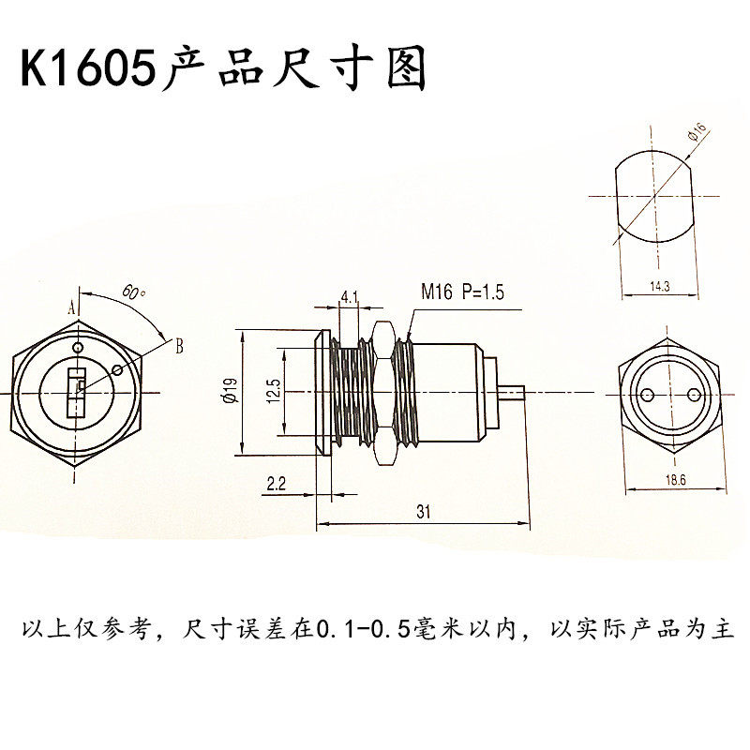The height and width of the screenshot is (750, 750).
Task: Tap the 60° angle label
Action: (x=134, y=292)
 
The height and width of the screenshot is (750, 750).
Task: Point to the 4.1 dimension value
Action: (x=350, y=298)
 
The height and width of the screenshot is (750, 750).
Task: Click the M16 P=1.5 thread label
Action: (x=462, y=292)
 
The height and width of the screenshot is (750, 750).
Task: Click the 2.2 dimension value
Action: (x=277, y=485)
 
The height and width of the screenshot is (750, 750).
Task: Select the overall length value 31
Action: (x=423, y=512)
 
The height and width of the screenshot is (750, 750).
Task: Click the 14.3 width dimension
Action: (x=658, y=288)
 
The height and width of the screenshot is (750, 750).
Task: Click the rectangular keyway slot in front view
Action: (x=74, y=394)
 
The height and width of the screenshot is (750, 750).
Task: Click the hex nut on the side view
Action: (x=382, y=394)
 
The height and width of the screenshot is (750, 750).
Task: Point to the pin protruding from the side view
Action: (x=512, y=394)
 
